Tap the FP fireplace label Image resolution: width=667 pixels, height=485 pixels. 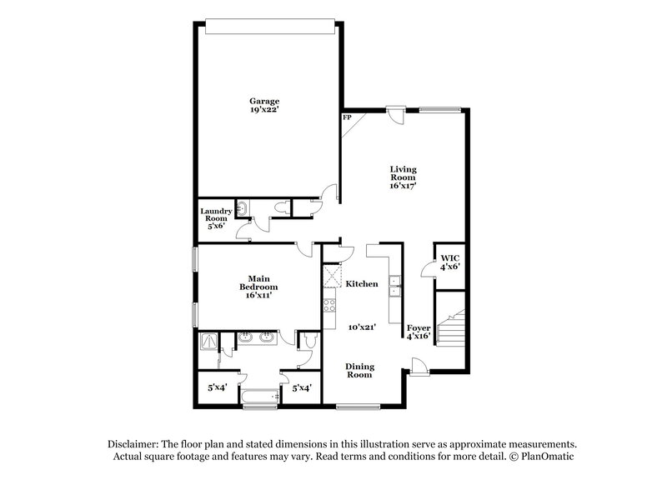click(347, 118)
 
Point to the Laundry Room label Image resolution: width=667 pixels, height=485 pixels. click(215, 217)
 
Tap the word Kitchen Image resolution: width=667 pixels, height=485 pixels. click(362, 284)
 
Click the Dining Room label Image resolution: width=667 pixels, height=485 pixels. click(360, 371)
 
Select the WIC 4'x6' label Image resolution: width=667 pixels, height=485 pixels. click(449, 262)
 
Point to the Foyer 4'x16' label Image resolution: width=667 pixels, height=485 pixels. click(418, 332)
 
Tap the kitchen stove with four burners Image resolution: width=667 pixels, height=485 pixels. click(329, 304)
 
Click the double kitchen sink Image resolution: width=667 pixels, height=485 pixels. click(397, 285)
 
